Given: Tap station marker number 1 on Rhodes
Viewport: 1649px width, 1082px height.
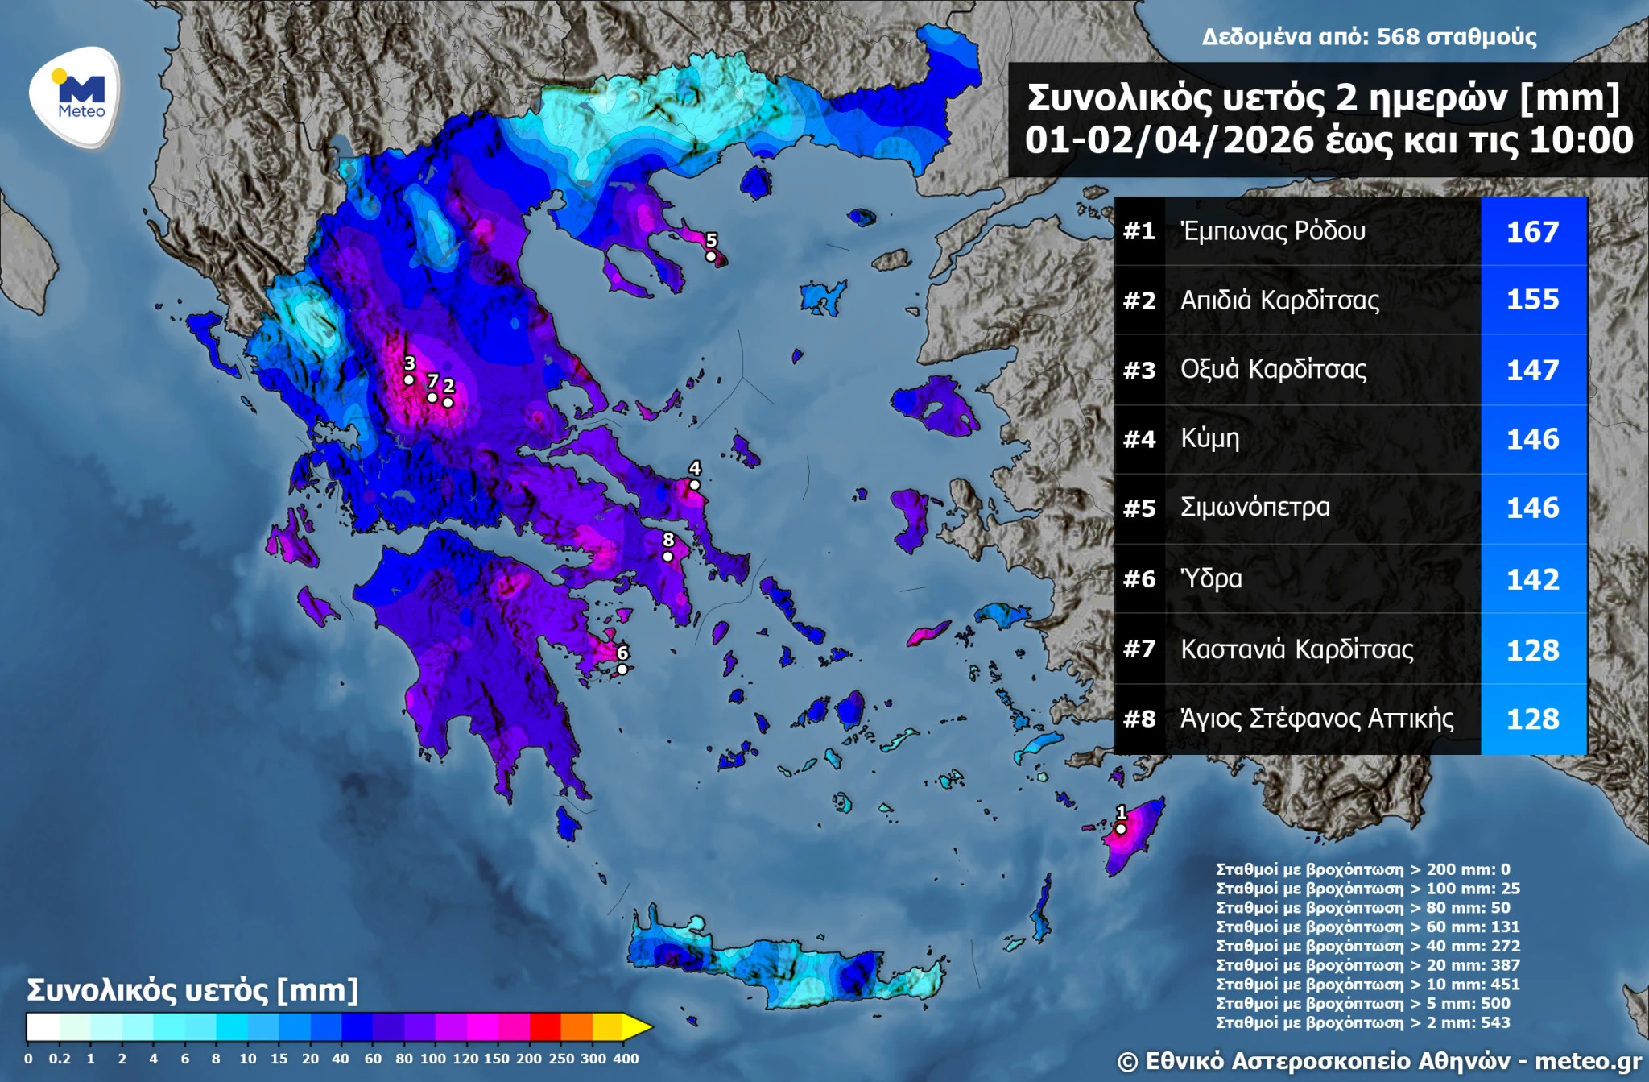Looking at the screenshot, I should tap(1120, 828).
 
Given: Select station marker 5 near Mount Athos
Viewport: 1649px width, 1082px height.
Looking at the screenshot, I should tap(710, 256).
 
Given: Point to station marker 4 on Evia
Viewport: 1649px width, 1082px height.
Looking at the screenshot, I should tap(694, 484).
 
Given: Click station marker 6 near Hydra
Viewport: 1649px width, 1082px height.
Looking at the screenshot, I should tap(622, 669).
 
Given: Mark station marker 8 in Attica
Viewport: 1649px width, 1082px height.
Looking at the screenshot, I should tap(667, 556).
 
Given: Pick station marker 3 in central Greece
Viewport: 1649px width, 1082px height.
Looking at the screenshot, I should tap(409, 379).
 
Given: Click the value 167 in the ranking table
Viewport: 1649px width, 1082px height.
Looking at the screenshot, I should tap(1532, 232).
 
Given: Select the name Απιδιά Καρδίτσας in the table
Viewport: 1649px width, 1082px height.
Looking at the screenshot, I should tap(1279, 301).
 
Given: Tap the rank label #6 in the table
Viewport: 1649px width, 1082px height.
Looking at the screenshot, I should tap(1139, 578).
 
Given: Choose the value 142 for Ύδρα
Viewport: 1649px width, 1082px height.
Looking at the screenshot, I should tap(1532, 579).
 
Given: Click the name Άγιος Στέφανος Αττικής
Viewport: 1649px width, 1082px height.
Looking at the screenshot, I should tap(1316, 718).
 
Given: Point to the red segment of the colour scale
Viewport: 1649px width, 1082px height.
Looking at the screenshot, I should tap(544, 1027).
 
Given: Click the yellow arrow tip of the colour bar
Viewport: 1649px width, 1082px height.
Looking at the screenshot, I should tap(637, 1027).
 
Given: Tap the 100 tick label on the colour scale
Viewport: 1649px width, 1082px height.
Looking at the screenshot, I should tap(432, 1059).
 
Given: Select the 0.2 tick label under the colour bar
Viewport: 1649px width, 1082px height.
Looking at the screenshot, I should tap(60, 1059).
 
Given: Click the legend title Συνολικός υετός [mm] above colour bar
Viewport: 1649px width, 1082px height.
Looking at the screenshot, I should tap(192, 990).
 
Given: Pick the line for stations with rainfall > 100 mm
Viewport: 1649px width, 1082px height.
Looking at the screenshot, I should tap(1367, 889).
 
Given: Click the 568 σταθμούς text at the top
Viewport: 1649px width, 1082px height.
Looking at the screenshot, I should tap(1456, 37).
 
